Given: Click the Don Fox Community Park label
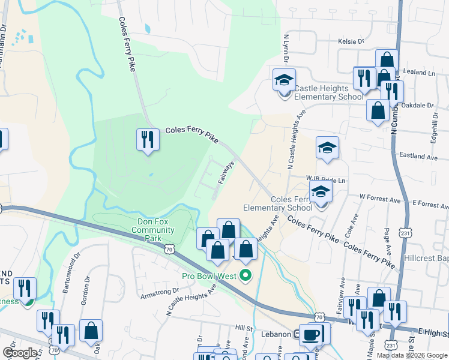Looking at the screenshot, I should [152, 230].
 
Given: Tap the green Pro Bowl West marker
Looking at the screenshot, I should [245, 276].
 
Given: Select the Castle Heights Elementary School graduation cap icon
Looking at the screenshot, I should [285, 79].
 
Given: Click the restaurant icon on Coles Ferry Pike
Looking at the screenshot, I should [147, 140].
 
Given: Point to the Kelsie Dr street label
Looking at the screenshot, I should [352, 42].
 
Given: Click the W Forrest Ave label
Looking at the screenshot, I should [379, 196].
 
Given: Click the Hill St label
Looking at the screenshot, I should [244, 328].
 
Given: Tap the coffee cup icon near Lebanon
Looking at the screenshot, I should [310, 334].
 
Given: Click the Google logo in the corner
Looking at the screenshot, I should [20, 352].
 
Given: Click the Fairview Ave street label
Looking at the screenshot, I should [342, 290].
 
